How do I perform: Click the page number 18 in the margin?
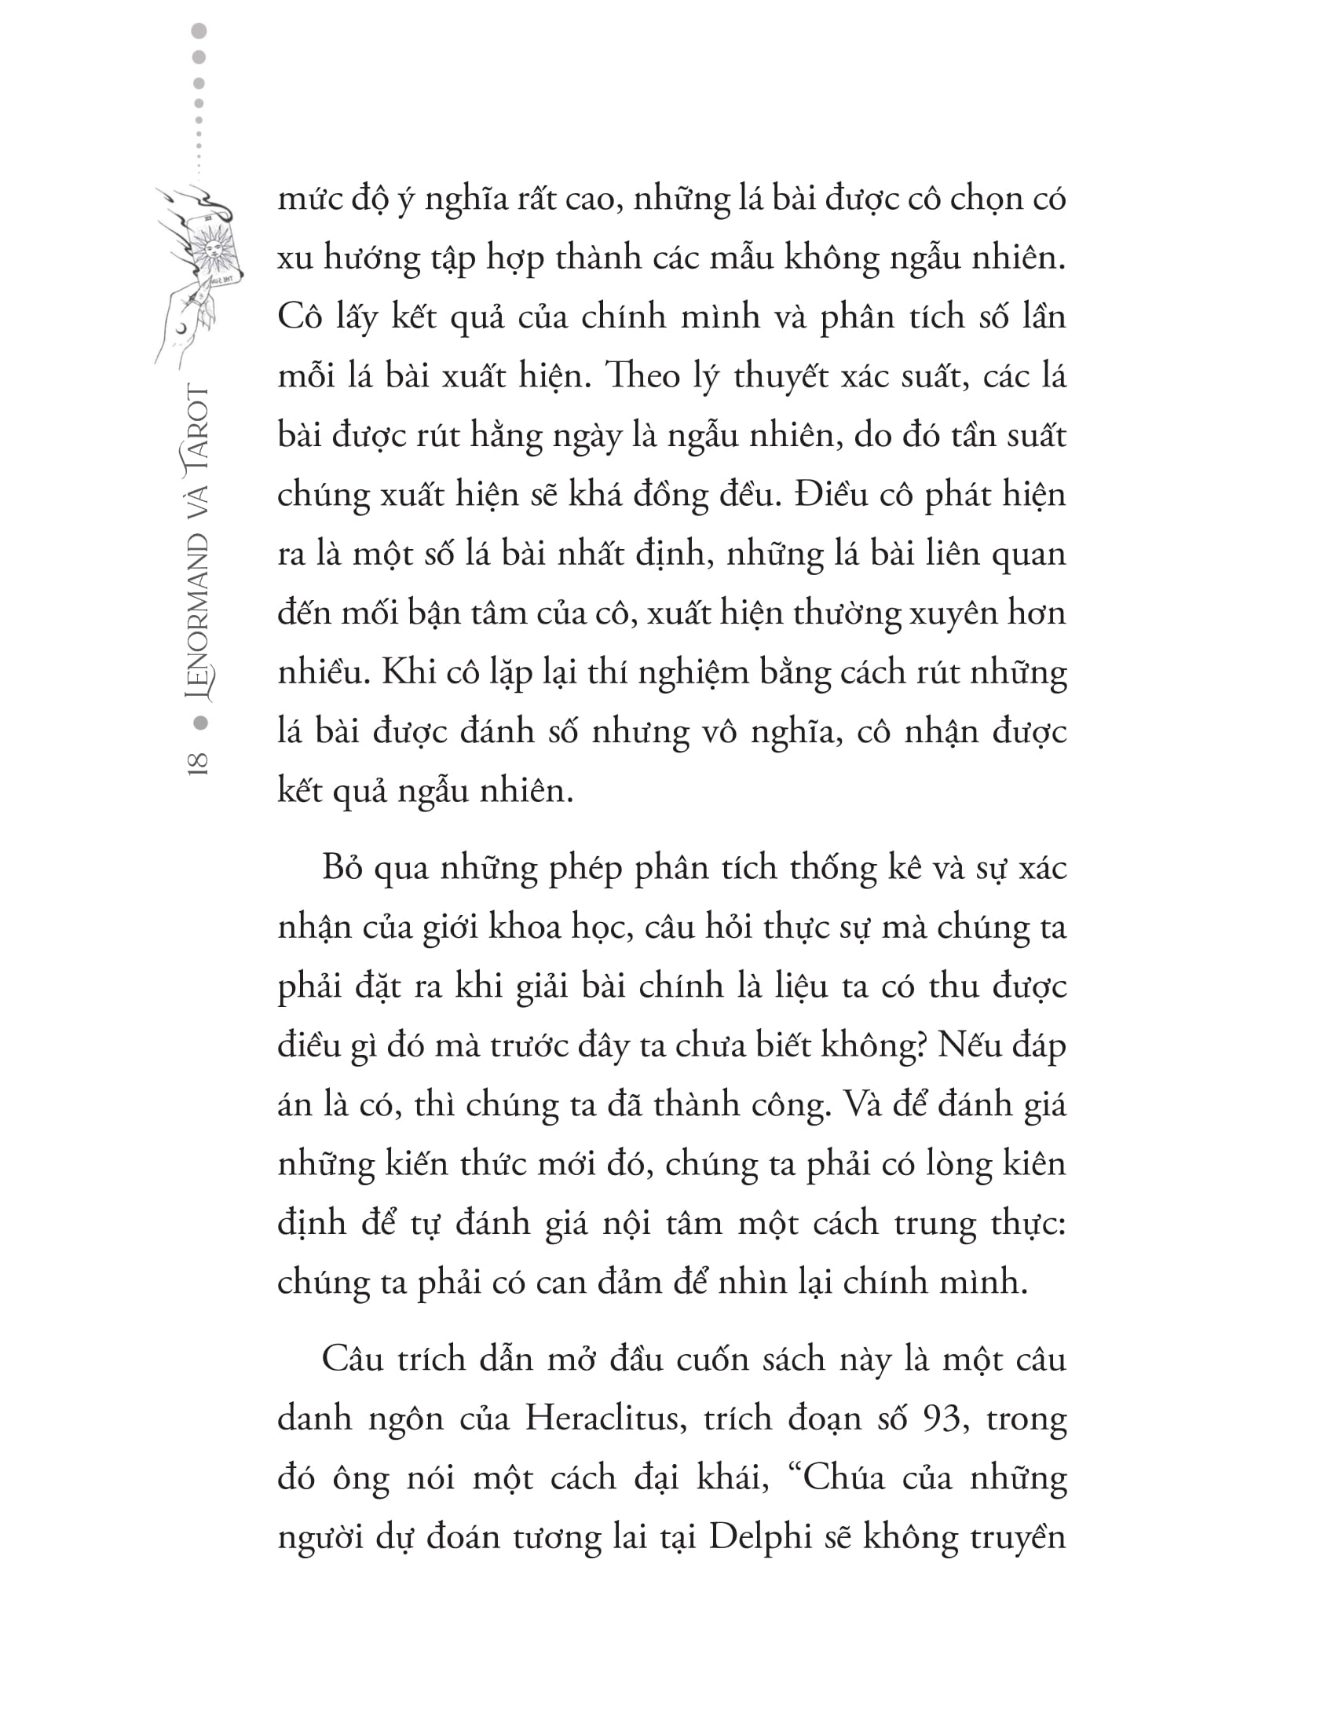pos(198,763)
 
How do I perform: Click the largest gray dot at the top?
pos(199,31)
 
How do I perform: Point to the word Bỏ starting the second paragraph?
pos(342,869)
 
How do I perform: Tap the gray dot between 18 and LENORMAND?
pos(200,723)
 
